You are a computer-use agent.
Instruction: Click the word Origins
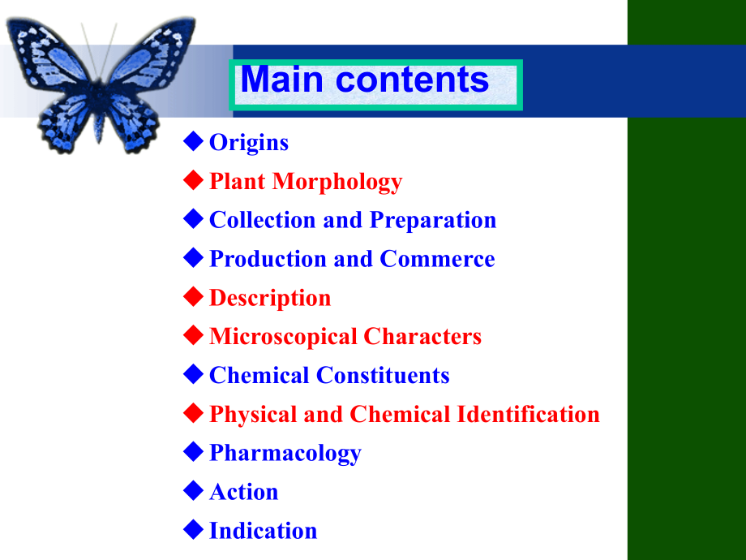249,143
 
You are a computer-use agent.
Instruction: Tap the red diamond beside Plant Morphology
193,180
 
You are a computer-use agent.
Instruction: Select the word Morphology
337,182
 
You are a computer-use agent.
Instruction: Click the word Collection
262,220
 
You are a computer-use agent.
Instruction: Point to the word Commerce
437,259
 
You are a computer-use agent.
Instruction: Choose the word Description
270,299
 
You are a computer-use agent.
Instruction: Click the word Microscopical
283,337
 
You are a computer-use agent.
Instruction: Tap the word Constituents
383,375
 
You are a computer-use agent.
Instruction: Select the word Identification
528,414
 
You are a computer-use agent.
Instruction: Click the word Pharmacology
285,454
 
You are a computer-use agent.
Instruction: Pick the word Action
243,492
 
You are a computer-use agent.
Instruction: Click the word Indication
263,531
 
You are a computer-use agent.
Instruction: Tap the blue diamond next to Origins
193,141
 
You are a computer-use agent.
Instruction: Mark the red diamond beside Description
193,297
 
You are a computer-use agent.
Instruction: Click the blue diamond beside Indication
193,529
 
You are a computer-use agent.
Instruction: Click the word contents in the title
412,79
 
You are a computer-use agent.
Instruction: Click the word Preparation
433,221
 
